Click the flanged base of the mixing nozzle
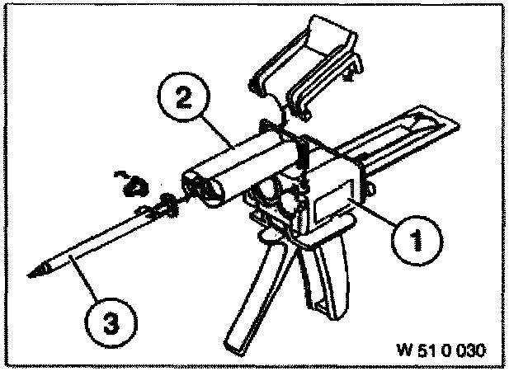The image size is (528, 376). [x=165, y=209]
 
